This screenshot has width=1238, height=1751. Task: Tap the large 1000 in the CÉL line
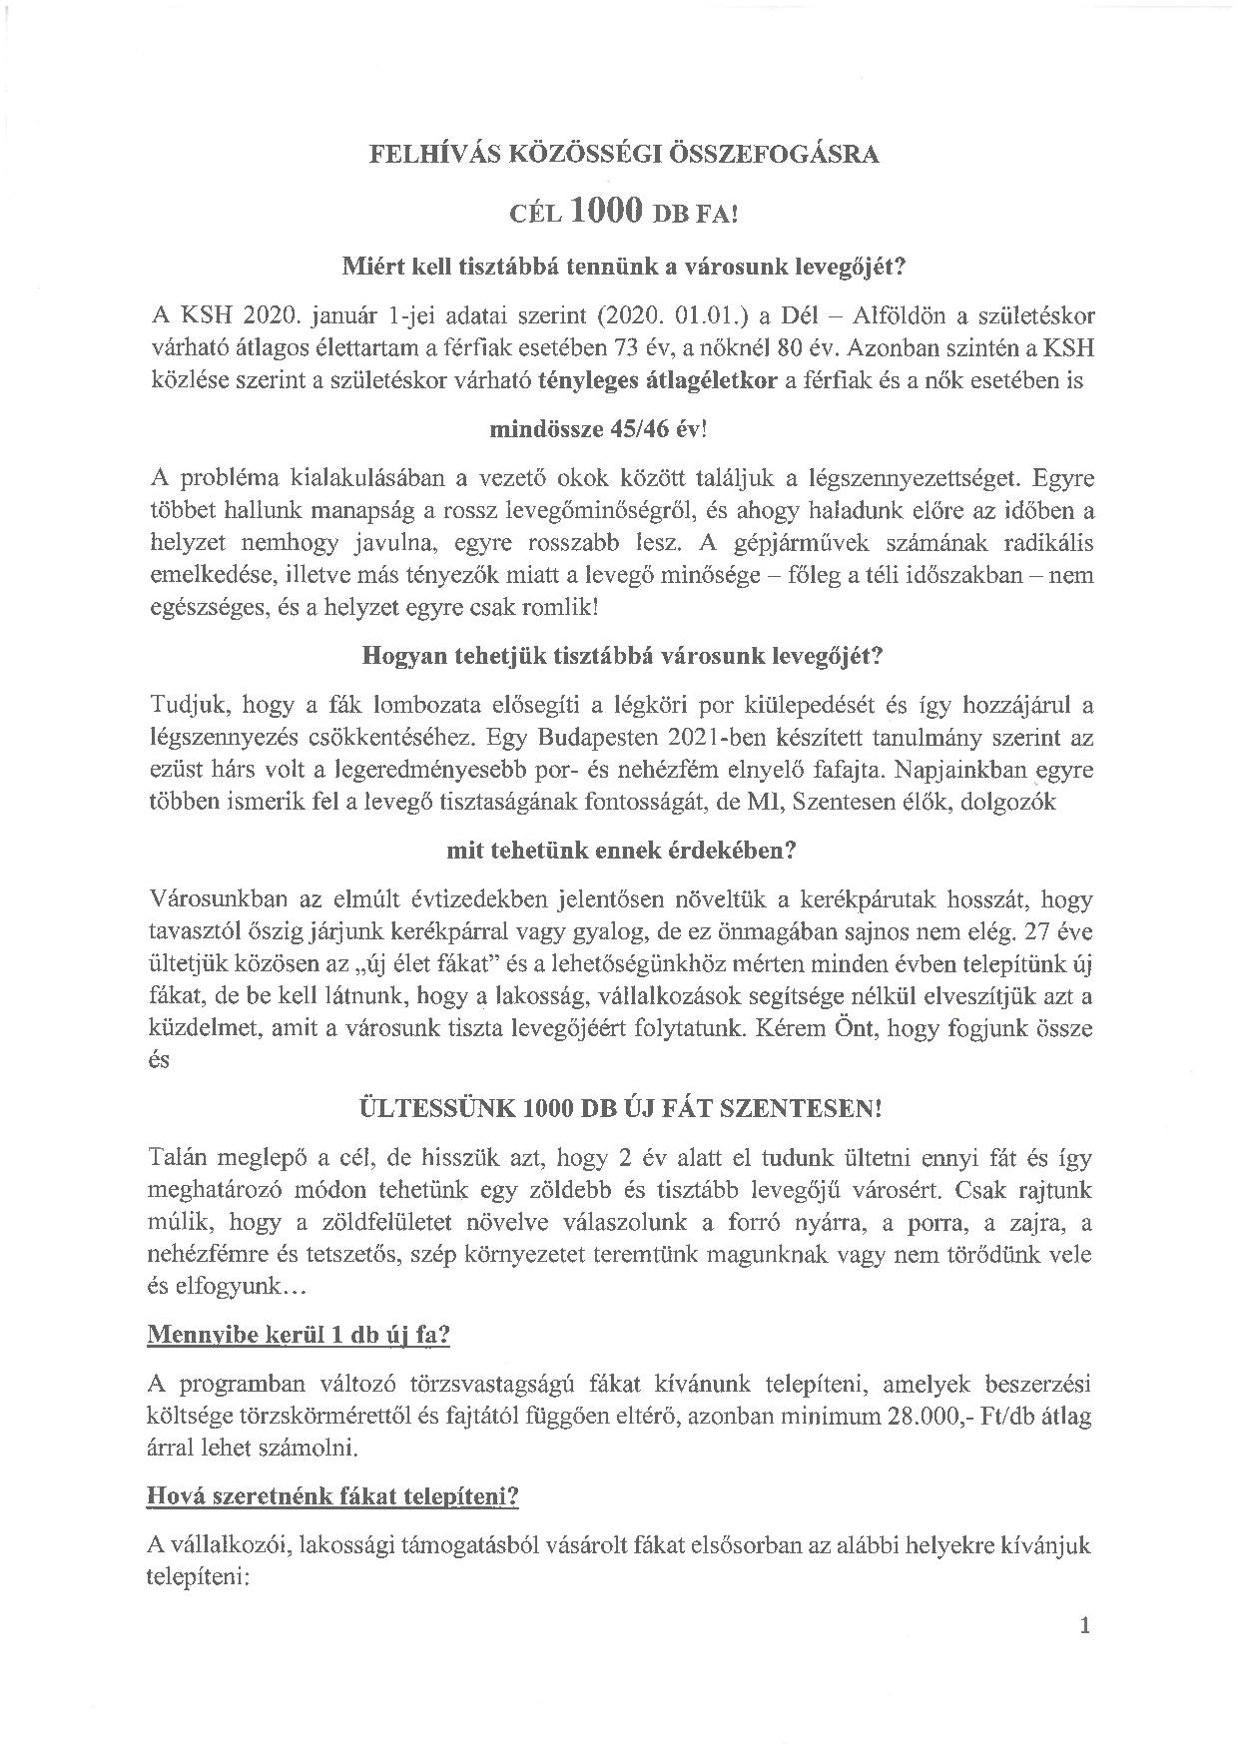pyautogui.click(x=606, y=209)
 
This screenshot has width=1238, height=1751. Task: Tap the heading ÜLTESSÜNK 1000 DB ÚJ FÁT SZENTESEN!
pyautogui.click(x=620, y=1110)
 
